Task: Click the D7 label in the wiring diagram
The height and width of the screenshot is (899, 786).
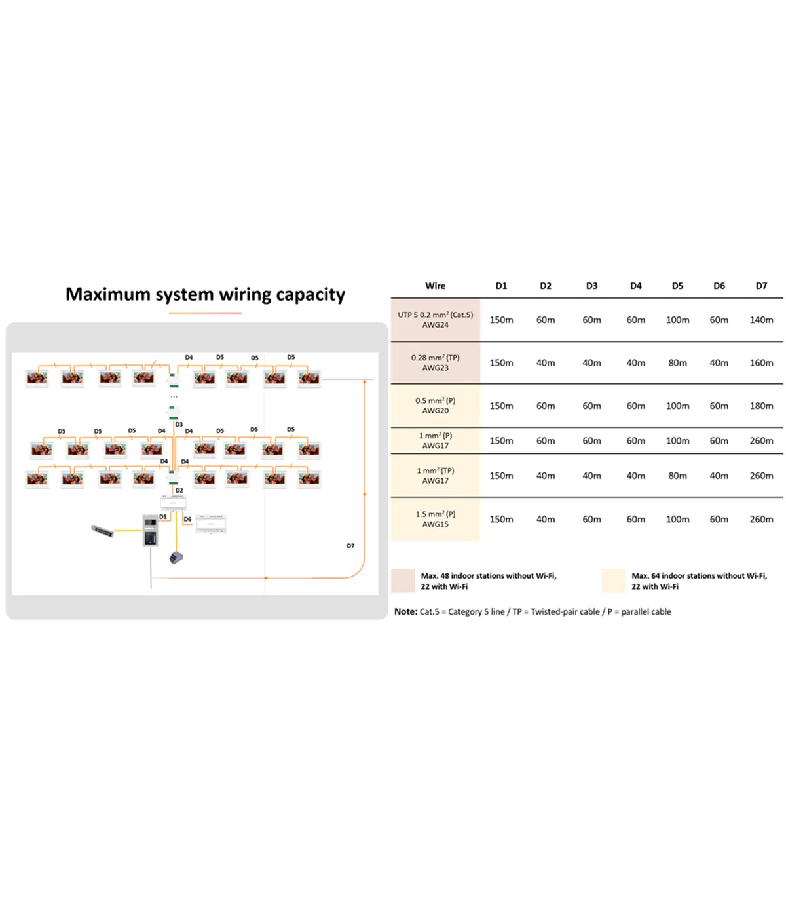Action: [350, 545]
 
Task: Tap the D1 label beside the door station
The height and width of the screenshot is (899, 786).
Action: [163, 517]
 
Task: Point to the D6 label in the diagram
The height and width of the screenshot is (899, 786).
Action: [187, 519]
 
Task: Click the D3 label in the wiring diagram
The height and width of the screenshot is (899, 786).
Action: [179, 424]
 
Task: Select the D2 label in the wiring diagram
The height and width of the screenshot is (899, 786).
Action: [179, 490]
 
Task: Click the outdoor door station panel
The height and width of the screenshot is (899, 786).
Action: [150, 530]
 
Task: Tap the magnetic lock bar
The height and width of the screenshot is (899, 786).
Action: [102, 530]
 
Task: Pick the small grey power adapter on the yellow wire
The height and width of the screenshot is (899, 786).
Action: [176, 558]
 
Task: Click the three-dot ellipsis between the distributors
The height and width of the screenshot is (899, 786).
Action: [174, 397]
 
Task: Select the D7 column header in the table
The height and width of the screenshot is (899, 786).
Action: [761, 286]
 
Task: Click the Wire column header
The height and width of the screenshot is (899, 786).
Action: [435, 286]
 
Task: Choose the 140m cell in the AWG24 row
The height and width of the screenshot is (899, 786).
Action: [761, 320]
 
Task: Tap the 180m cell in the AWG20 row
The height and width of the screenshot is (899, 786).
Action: [761, 406]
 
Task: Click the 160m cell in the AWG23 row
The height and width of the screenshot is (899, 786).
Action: [761, 363]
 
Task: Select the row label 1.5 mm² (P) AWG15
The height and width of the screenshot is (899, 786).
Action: [435, 518]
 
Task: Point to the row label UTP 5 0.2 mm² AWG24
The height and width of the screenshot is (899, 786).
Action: [435, 320]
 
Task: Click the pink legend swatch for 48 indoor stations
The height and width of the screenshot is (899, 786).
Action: [403, 581]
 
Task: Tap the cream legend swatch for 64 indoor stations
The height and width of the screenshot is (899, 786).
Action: [613, 581]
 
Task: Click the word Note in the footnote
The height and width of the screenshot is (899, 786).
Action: [405, 611]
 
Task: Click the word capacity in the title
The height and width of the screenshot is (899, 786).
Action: [310, 295]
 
